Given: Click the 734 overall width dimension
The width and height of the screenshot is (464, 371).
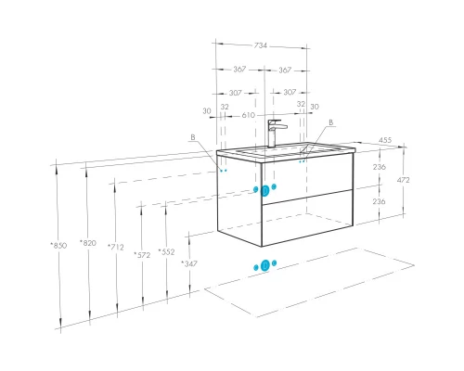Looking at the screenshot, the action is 261,45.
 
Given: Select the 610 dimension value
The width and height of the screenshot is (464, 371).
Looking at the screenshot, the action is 249,115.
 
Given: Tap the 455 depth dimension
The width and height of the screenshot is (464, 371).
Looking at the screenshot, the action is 385,140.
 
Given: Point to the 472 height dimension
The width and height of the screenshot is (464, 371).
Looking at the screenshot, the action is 404,180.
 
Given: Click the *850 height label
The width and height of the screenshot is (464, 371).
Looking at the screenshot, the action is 58,246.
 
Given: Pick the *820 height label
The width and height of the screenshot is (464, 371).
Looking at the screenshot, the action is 88,243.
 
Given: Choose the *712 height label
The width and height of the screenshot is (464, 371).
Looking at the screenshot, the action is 116,247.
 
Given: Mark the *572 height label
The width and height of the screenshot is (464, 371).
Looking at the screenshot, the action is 142,255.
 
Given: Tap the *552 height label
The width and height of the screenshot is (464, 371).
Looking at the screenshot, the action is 166,252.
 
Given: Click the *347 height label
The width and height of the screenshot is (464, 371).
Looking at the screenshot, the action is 189,263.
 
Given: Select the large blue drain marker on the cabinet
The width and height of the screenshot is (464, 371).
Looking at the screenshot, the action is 264,191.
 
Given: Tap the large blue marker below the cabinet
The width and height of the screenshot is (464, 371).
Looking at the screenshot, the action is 265,265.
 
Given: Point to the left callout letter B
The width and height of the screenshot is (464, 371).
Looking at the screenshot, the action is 193,137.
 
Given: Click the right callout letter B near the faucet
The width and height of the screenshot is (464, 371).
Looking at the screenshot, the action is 330,122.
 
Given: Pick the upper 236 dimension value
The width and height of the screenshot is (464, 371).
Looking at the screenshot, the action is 380,167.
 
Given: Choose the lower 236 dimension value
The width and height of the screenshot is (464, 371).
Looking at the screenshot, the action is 379,201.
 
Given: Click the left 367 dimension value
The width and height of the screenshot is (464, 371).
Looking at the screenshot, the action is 239,69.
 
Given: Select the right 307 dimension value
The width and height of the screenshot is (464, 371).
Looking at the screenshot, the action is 290,92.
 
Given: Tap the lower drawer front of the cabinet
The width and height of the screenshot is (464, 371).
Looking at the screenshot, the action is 307,218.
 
